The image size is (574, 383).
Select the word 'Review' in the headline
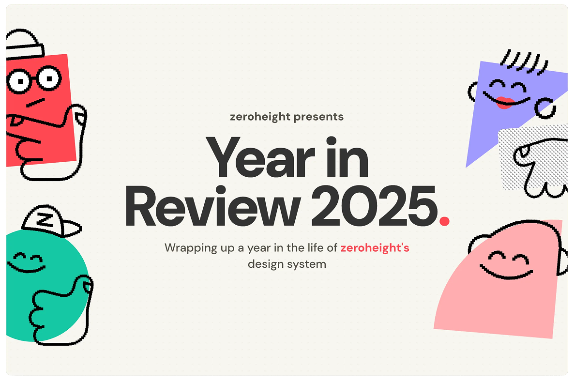point(211,209)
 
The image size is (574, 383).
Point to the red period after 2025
point(444,221)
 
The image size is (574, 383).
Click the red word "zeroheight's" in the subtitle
point(375,248)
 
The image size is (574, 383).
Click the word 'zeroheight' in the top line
point(260,117)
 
